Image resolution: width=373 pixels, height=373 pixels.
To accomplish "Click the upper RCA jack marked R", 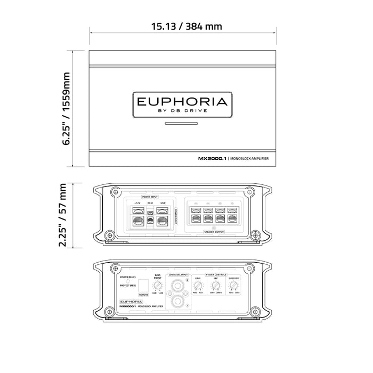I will click(x=176, y=285).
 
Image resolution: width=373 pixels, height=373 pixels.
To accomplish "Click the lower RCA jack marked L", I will click(x=176, y=302).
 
